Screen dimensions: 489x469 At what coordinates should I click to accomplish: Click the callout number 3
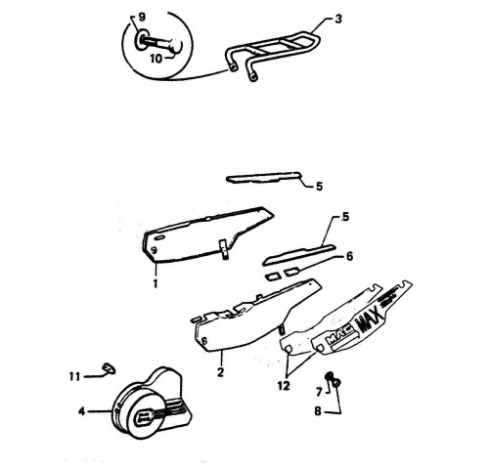tap(338, 20)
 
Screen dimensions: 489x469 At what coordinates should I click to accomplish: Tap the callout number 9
tap(142, 18)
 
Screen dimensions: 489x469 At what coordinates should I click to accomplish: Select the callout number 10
tap(156, 59)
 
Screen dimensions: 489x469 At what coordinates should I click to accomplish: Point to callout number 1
tap(156, 283)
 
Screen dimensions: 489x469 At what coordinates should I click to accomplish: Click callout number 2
tap(221, 372)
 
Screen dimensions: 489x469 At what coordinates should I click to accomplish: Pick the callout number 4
tap(81, 411)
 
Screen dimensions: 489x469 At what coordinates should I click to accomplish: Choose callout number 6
tap(349, 256)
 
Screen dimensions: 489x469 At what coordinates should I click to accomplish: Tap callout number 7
tap(319, 392)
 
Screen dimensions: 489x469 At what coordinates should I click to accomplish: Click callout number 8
tap(318, 411)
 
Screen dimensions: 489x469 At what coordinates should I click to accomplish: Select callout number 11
tap(74, 377)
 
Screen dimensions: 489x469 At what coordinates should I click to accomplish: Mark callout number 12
tap(284, 386)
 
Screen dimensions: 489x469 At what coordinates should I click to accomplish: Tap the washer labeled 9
tap(142, 39)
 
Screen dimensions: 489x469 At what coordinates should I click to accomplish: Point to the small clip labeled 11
tap(109, 368)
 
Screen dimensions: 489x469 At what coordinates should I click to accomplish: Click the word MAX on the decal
tap(370, 317)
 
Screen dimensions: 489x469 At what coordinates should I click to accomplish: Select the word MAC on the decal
tap(338, 335)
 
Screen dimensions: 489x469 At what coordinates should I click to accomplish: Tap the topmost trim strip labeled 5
tap(262, 177)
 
